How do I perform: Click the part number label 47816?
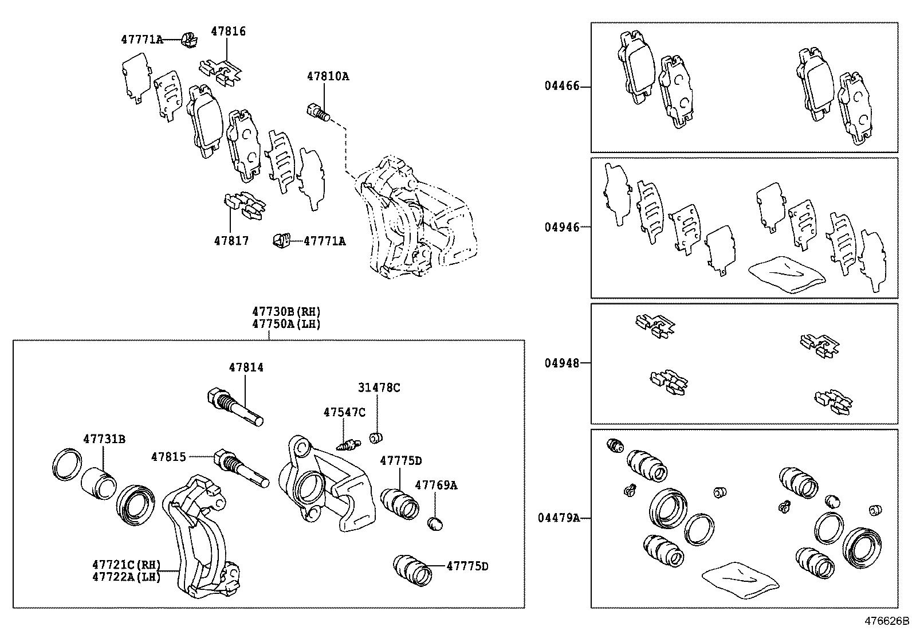(228, 31)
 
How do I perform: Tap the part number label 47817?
(231, 241)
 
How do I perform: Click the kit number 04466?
(562, 87)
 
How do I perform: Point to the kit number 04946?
(562, 227)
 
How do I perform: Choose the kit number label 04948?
(562, 363)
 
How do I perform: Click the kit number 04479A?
(559, 518)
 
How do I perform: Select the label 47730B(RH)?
(286, 311)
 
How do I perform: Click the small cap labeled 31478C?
(376, 439)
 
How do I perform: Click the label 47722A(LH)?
(126, 577)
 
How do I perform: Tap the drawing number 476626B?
(886, 621)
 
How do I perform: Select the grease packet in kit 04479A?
(740, 579)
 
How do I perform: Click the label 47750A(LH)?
(286, 324)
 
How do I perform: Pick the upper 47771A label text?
(141, 40)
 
